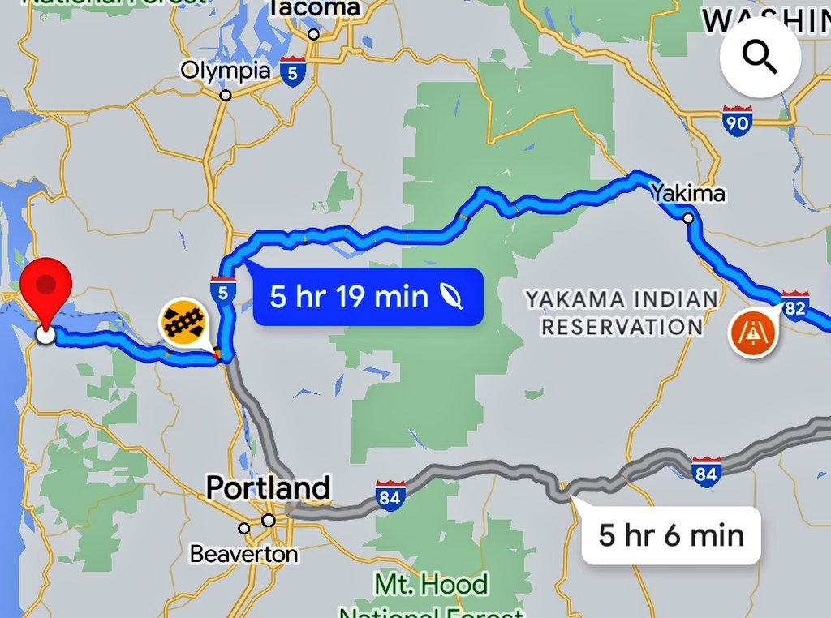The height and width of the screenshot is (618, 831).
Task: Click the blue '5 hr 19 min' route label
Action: coord(368,297)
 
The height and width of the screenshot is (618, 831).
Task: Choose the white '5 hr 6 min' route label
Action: coord(671,535)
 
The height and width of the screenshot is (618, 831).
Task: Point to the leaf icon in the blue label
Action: coord(451,297)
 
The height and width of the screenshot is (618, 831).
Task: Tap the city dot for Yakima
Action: coord(688,217)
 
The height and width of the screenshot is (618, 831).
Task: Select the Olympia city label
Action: coord(225,71)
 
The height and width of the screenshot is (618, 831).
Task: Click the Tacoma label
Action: coord(315,9)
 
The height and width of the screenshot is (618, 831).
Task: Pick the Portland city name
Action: coord(268,488)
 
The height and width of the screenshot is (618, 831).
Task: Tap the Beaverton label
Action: coord(243,554)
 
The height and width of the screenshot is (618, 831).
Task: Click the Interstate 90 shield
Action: coord(737,121)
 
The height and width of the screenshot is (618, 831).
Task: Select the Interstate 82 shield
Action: coord(795,303)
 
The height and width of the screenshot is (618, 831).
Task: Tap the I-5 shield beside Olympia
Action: coord(294,71)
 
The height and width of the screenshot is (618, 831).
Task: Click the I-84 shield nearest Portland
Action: coord(390,495)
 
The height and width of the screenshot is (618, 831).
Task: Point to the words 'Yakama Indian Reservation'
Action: coord(622,312)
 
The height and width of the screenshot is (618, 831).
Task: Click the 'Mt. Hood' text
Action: coord(431,584)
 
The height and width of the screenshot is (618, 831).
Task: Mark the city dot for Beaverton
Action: coord(244,529)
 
